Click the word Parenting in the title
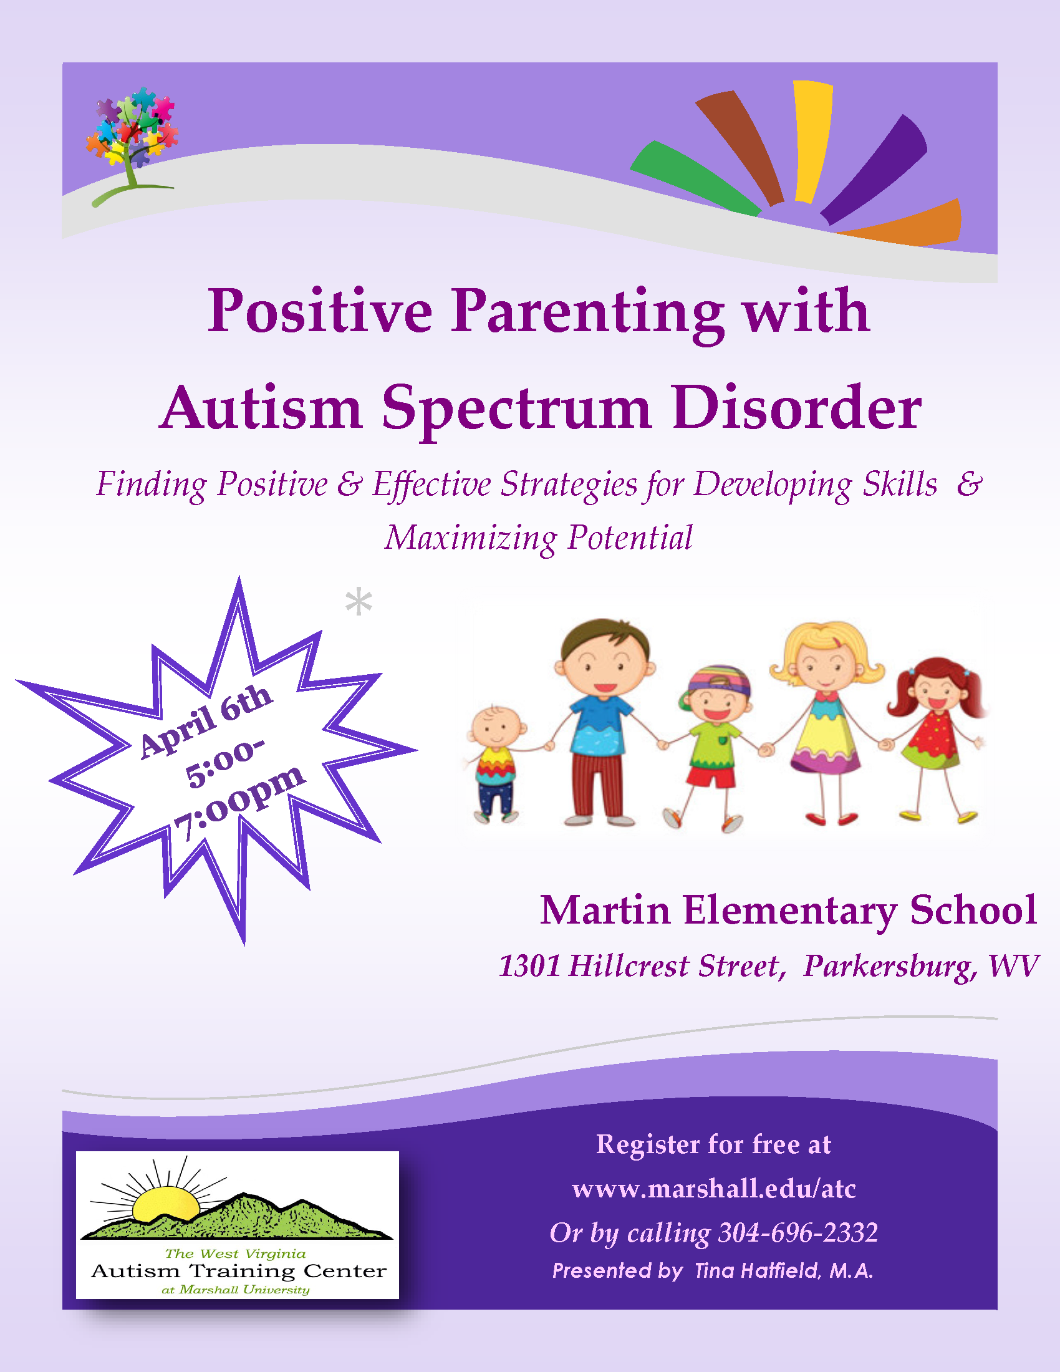588,312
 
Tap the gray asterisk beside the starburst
359,601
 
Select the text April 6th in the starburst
206,720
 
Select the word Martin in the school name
605,911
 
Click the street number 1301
529,966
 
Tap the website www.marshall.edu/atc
714,1189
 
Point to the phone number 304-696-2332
798,1233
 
